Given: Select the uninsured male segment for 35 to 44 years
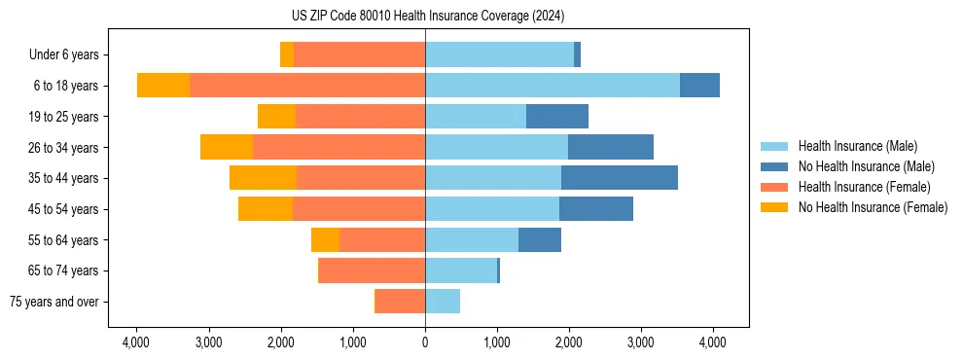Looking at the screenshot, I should (x=619, y=178).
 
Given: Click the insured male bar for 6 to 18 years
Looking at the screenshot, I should (x=552, y=86).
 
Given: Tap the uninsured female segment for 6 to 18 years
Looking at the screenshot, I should (x=163, y=86).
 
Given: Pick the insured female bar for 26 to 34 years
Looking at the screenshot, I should (x=339, y=147).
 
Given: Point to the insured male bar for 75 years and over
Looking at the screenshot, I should (x=443, y=302).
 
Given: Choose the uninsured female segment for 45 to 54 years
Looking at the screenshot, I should (x=266, y=209).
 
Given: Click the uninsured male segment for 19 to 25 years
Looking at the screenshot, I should (x=556, y=117).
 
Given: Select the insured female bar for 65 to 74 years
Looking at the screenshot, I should (x=372, y=270).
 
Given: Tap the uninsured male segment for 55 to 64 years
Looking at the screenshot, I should (x=539, y=239).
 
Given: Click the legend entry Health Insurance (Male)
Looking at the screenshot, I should (x=857, y=146).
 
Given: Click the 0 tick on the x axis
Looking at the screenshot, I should (x=425, y=342).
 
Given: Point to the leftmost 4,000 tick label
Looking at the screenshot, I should (x=136, y=342).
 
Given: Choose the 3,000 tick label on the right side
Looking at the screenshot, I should (x=640, y=342).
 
